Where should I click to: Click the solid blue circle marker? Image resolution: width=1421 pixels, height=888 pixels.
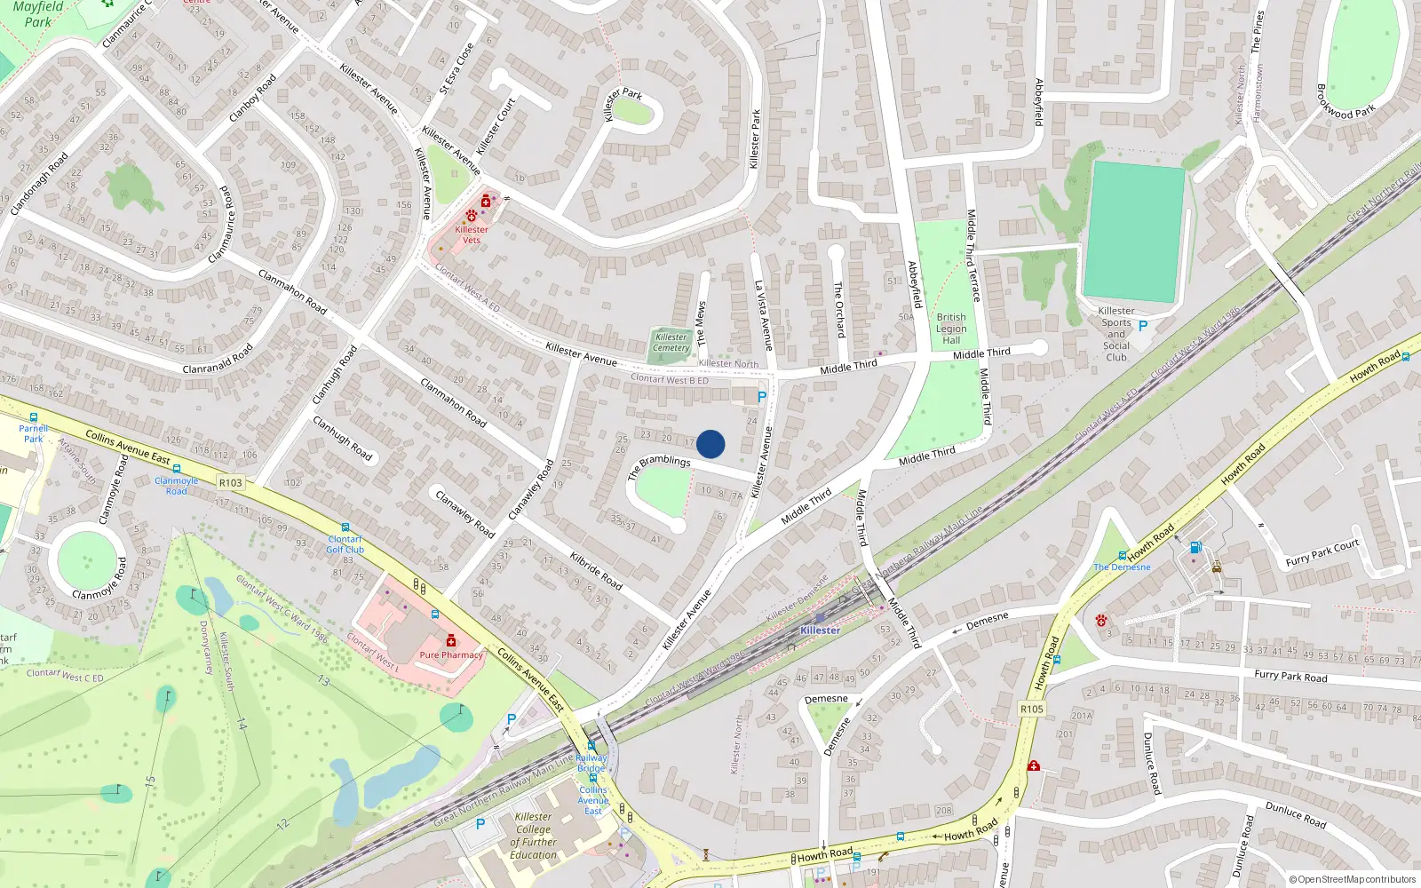point(710,444)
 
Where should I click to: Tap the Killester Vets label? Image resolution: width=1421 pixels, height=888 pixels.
point(472,234)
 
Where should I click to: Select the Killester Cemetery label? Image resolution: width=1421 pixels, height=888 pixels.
point(671,343)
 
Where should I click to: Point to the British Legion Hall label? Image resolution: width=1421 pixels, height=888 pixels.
point(951,329)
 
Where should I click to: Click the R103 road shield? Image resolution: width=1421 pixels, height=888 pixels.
point(230,483)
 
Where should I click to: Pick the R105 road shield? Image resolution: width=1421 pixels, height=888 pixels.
point(1031,709)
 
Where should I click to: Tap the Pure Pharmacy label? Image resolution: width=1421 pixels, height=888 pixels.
point(451,655)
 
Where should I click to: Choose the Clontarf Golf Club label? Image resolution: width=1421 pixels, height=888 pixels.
point(345,544)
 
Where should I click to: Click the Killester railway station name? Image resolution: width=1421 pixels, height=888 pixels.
point(820,630)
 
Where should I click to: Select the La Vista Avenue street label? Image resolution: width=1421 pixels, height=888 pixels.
point(763,315)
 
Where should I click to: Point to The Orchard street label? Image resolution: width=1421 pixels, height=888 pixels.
point(838,309)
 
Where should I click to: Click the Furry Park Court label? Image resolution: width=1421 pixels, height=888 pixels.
point(1322,553)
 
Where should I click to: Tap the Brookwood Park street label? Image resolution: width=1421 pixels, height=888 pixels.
point(1345,99)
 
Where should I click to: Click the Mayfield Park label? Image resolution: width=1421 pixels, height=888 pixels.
point(37,14)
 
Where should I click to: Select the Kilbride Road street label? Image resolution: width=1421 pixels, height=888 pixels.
point(596,571)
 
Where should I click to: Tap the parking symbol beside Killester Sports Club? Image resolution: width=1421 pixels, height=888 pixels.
point(1143,326)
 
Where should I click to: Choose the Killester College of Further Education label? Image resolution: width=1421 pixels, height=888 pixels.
point(533,836)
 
